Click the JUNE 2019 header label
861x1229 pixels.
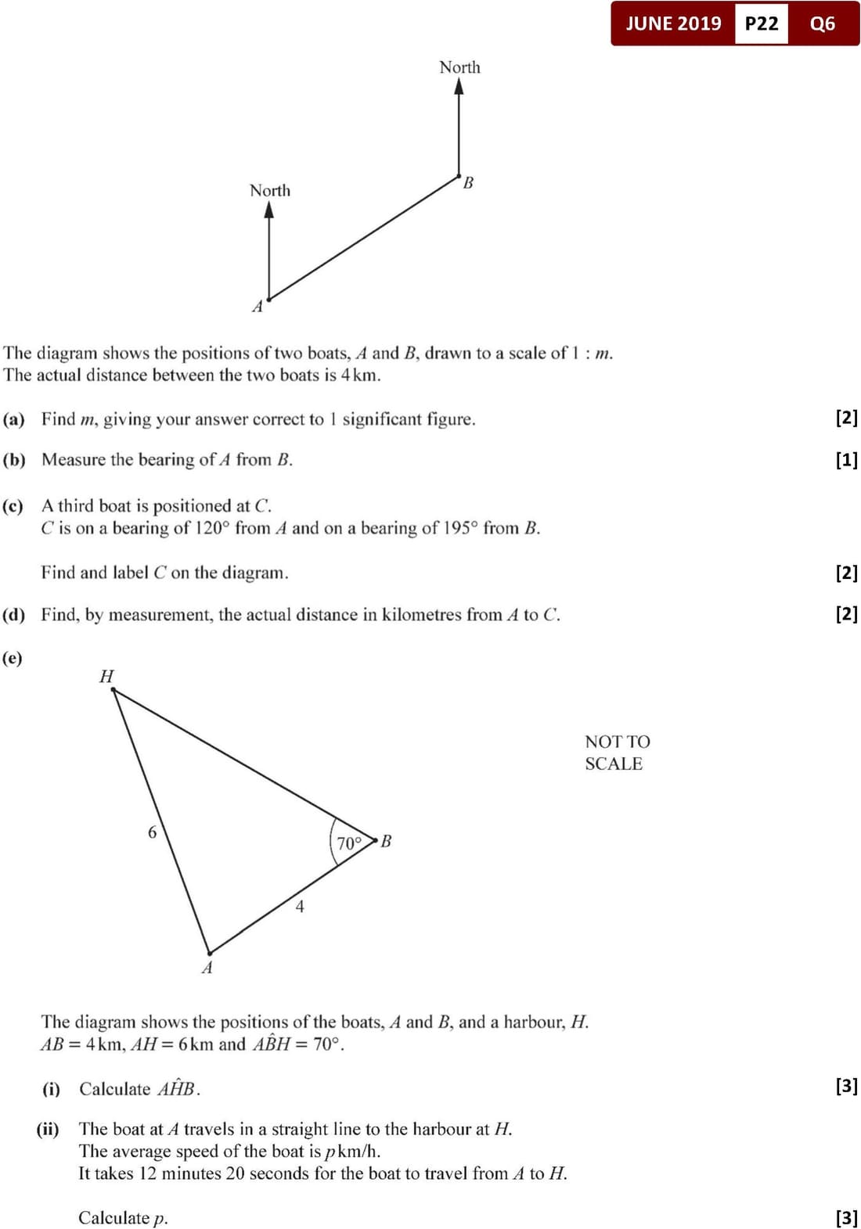coord(673,23)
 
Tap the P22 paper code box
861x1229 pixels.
coord(761,23)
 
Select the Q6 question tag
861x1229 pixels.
coord(822,23)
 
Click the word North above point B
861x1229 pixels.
coord(459,67)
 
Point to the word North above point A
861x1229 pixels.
coord(269,190)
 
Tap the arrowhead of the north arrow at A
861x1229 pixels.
coord(269,210)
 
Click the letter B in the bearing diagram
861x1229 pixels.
coord(468,183)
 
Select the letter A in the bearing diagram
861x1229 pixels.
coord(257,307)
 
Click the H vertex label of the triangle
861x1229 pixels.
coord(106,676)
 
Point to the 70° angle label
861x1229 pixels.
coord(349,843)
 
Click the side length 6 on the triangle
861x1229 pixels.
coord(152,832)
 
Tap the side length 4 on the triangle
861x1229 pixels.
coord(300,907)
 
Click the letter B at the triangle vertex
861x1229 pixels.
coord(386,841)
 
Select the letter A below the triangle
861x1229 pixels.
coord(207,968)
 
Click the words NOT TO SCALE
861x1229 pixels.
coord(617,753)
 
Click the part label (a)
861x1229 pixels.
coord(14,419)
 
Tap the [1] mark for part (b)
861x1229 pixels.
coord(846,460)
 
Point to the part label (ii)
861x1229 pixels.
coord(48,1129)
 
